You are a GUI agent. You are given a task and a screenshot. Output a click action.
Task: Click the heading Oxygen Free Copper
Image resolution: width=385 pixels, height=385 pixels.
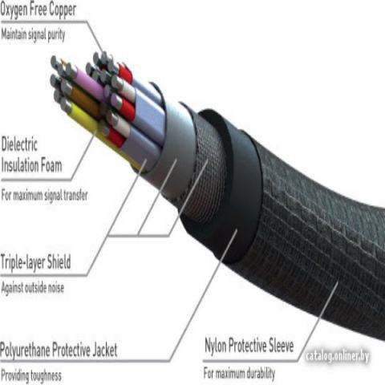(x=38, y=9)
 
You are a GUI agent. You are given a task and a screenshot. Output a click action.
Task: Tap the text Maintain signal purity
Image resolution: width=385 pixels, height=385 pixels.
(x=33, y=34)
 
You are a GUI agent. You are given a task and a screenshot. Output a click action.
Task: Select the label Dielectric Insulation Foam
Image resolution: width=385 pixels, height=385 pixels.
(x=31, y=155)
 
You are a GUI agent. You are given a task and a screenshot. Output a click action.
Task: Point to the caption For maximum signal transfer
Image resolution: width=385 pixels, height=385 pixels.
(x=44, y=195)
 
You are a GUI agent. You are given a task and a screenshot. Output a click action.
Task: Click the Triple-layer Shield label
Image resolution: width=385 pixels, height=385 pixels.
(x=36, y=261)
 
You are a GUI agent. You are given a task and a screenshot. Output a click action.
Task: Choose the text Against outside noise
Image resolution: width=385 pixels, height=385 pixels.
(x=33, y=288)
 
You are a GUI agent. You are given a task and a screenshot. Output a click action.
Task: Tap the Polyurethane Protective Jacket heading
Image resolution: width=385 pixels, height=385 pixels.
(x=59, y=350)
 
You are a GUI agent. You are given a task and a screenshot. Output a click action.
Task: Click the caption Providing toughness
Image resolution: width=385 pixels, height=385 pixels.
(x=31, y=375)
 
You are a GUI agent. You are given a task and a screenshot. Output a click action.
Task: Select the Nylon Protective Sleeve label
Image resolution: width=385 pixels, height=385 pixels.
(x=249, y=346)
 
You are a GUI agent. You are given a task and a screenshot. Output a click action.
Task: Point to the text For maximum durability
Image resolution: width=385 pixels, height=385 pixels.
(x=239, y=373)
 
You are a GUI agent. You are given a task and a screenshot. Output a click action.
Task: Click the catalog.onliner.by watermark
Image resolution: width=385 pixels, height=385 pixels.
(x=338, y=356)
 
